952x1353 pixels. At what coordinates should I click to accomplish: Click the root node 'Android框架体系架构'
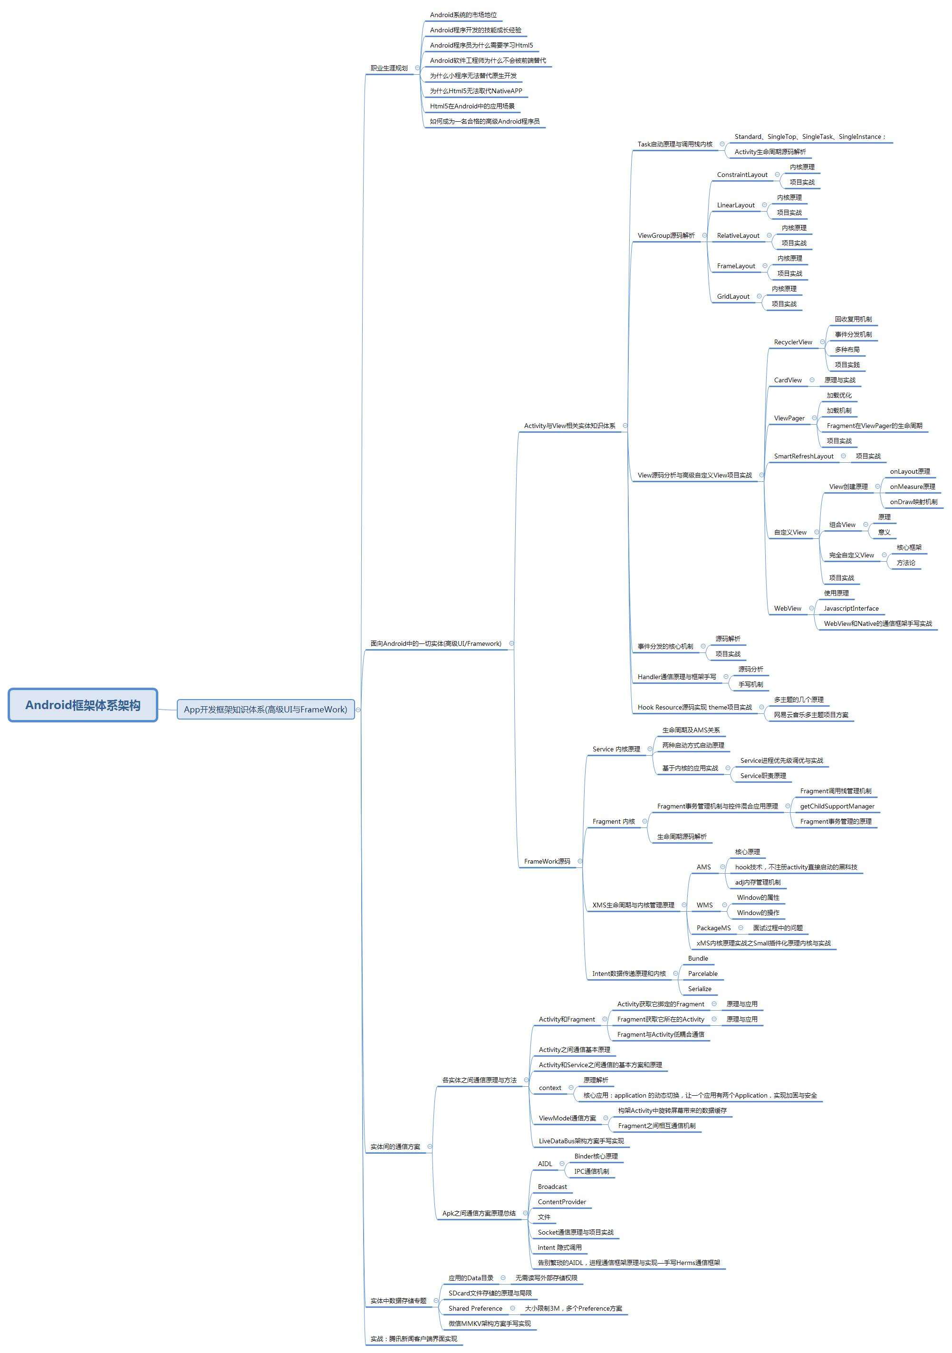point(83,705)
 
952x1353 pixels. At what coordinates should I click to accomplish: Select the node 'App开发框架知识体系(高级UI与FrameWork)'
point(265,710)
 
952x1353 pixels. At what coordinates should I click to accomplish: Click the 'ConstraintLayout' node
point(742,175)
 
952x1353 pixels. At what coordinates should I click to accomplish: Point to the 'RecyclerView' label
point(792,342)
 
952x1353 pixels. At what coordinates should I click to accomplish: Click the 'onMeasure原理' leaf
point(912,487)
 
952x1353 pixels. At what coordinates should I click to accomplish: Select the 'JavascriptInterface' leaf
point(851,609)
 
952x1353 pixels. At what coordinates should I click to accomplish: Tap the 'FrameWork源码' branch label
point(547,862)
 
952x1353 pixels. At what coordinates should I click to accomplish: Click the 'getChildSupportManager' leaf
point(837,807)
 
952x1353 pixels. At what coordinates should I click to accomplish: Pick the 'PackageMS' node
point(713,928)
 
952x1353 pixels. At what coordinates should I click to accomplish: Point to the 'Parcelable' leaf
point(702,974)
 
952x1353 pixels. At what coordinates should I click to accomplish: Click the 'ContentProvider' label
point(561,1202)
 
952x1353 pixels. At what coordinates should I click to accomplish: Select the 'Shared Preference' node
point(475,1309)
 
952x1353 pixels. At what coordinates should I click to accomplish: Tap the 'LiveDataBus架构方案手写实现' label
point(581,1141)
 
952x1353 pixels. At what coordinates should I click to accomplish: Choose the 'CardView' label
point(787,380)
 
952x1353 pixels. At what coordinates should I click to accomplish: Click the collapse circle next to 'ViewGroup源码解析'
point(704,235)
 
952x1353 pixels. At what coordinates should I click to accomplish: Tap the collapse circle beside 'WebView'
point(811,608)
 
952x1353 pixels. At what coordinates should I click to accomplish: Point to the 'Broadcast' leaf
point(552,1187)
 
